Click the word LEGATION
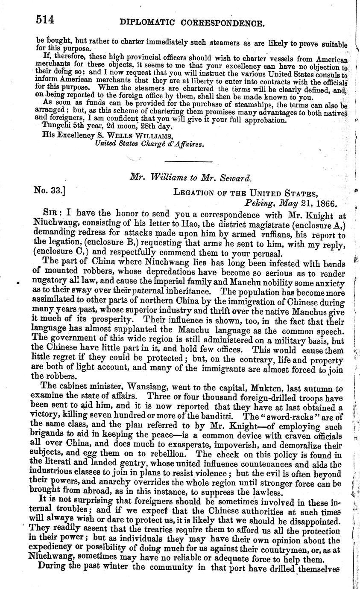[196, 192]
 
